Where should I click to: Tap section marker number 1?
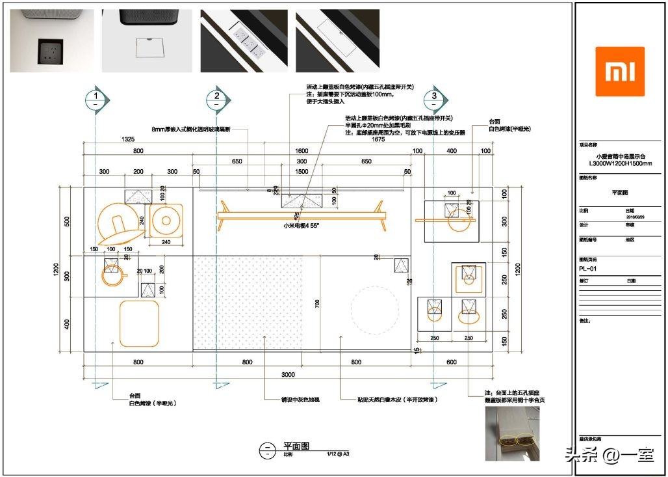96,99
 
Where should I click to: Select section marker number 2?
216,99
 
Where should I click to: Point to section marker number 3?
434,99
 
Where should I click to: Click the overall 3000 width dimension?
288,374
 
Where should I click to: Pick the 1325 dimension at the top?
127,139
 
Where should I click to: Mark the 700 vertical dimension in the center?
318,303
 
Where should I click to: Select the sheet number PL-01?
587,268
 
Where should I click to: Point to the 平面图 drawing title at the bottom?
296,447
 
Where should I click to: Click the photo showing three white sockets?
244,40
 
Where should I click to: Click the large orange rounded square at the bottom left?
138,323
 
